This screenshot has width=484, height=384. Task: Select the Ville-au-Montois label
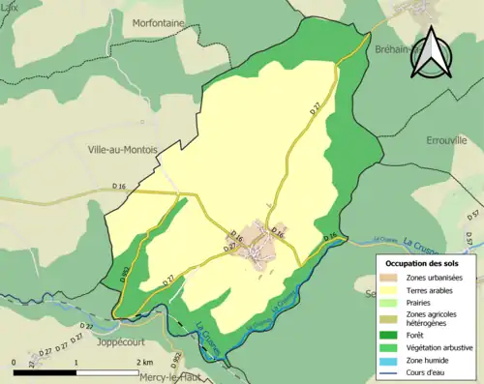click(x=115, y=149)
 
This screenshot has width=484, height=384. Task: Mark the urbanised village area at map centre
click(x=257, y=242)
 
